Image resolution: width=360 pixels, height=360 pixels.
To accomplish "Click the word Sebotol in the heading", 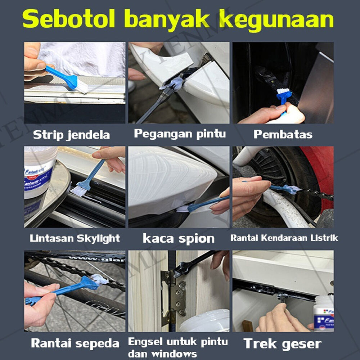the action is pos(69,19).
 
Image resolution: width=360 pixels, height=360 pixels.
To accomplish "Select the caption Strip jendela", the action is pos(71,135).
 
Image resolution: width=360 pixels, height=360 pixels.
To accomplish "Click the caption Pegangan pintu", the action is pos(180,134).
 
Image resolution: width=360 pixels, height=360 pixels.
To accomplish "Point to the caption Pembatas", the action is pos(283,134).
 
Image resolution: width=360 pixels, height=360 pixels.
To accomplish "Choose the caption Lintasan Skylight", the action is pos(75,238).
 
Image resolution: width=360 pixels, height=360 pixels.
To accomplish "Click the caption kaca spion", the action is pos(179,239).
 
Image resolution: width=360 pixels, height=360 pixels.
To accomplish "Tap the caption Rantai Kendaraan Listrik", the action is pos(284,238).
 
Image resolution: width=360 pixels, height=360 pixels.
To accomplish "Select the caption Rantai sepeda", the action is pos(75,343).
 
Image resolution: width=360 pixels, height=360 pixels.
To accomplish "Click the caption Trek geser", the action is pos(282,344).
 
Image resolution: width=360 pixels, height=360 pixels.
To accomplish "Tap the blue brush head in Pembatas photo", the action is pos(284,94).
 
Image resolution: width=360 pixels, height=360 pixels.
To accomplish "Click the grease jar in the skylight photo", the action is pos(39,172).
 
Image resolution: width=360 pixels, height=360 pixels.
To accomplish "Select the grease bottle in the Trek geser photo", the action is pos(324,314).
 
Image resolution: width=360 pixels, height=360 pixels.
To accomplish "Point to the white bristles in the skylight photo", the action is pos(78,191).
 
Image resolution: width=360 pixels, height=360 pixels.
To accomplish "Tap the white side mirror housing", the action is pos(170,181).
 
